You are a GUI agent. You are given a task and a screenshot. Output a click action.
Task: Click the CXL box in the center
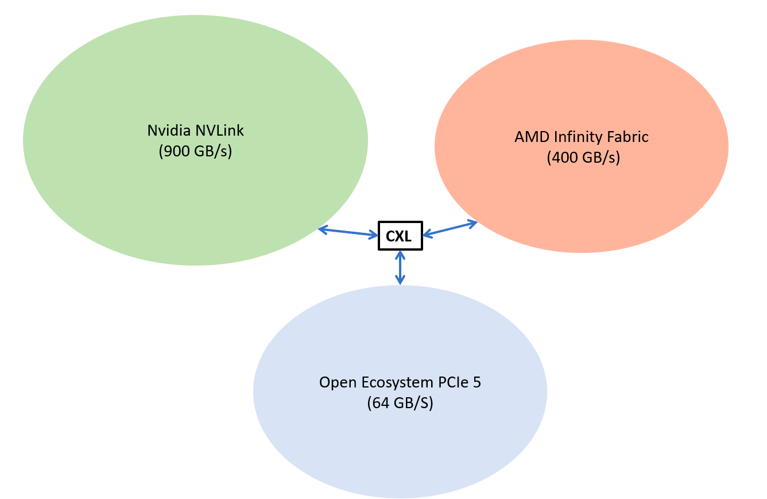point(400,236)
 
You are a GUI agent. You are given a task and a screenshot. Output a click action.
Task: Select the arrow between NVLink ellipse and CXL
point(348,232)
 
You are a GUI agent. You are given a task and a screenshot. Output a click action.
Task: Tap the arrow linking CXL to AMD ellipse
point(450,229)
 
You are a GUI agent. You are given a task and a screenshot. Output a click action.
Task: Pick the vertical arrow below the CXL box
point(400,267)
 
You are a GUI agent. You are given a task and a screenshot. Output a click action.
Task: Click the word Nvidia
point(169,130)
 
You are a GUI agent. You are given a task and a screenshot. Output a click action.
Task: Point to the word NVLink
point(219,130)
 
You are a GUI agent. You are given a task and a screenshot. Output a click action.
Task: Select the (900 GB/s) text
point(195,151)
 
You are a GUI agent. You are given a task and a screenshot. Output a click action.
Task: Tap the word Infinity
point(578,137)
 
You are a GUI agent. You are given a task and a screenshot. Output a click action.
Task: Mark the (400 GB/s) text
point(583,158)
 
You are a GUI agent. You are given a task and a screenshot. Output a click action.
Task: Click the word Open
point(338,383)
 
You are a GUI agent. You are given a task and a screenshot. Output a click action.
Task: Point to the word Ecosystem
point(397,383)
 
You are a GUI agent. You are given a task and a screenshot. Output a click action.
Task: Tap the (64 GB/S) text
point(400,403)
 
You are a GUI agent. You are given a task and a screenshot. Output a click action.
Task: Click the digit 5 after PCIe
point(477,382)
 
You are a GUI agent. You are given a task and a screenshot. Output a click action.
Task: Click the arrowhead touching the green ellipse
point(323,229)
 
